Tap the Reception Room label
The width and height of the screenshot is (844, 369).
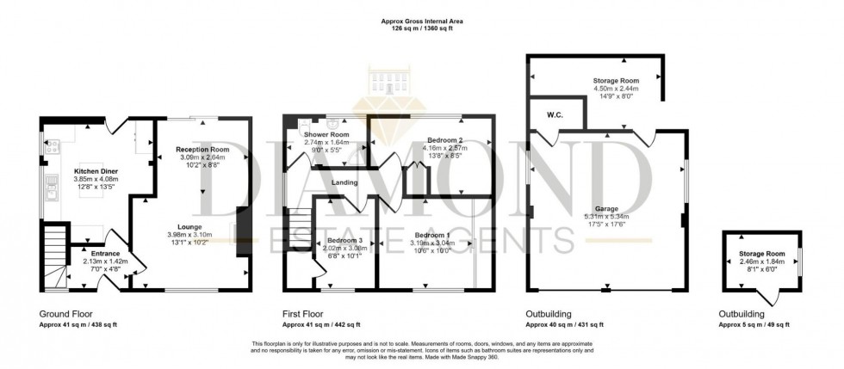click(202, 149)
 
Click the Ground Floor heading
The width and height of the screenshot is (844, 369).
click(66, 313)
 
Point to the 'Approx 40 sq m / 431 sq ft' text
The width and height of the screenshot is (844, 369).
click(564, 325)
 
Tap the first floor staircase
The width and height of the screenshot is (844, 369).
click(299, 227)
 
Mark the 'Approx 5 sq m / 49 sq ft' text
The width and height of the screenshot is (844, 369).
click(754, 325)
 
